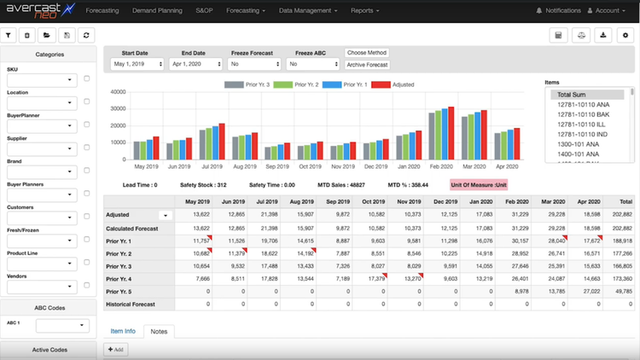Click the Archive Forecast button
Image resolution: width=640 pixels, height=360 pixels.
point(367,65)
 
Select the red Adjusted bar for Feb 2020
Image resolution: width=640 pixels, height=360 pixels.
point(451,133)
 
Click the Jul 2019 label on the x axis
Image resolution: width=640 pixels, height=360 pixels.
point(212,166)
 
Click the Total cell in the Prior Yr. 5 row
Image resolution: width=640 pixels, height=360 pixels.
point(620,291)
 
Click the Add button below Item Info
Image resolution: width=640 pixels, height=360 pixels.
point(115,349)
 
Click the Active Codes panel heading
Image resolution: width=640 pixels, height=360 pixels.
point(49,349)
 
